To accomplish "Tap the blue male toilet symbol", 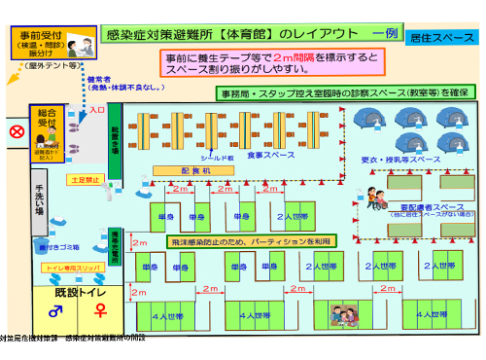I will [x=55, y=310].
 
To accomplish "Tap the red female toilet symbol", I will [x=99, y=310].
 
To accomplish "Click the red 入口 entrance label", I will [x=96, y=111].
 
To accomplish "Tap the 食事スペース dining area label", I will [x=270, y=155].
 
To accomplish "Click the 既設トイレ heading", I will [x=78, y=291].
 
